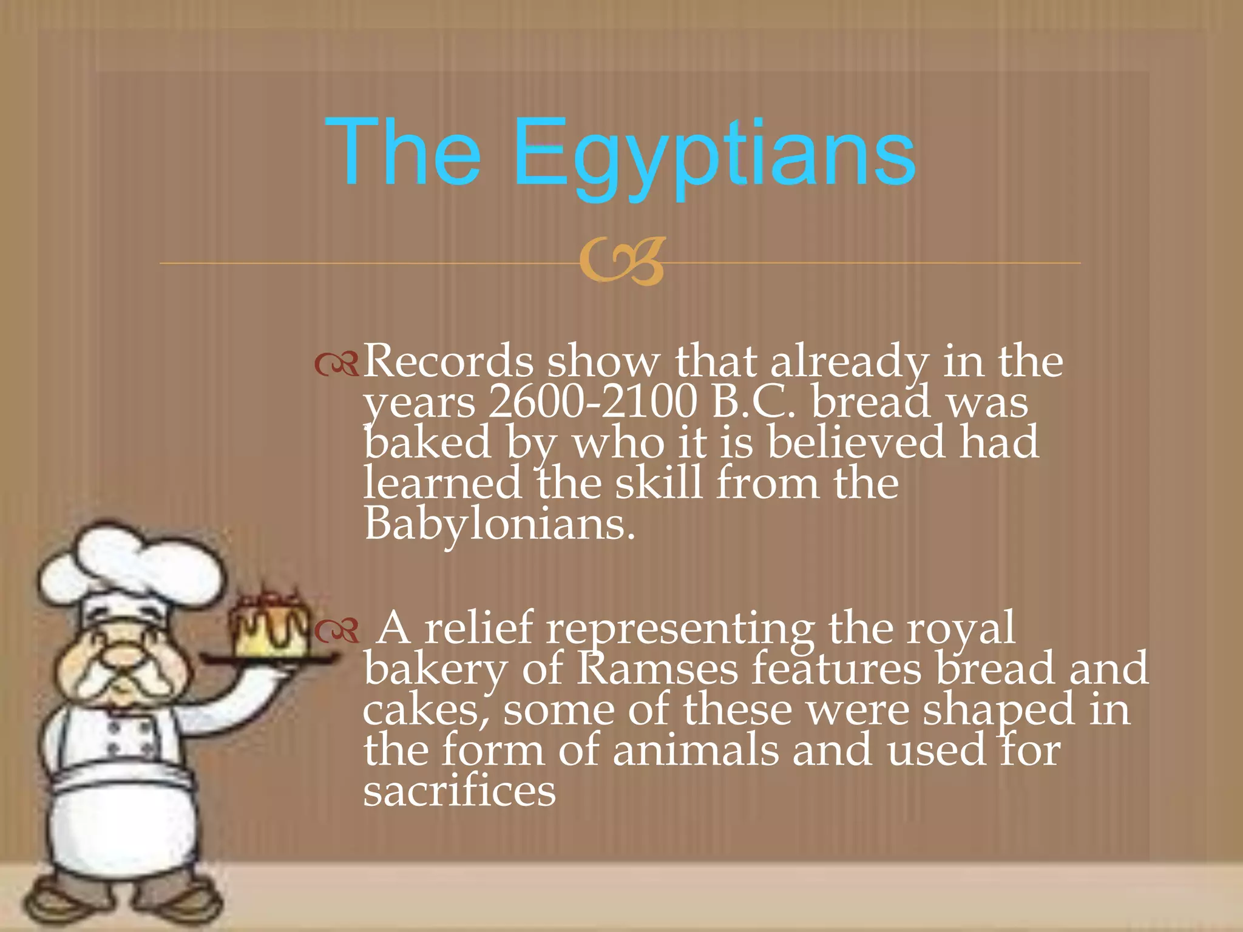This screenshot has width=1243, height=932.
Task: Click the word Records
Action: coord(448,362)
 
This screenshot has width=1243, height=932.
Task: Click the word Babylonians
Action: coord(499,524)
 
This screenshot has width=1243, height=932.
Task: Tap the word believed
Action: coord(856,442)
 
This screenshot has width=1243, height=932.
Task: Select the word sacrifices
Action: coord(459,791)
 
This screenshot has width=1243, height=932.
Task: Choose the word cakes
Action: coord(425,711)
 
